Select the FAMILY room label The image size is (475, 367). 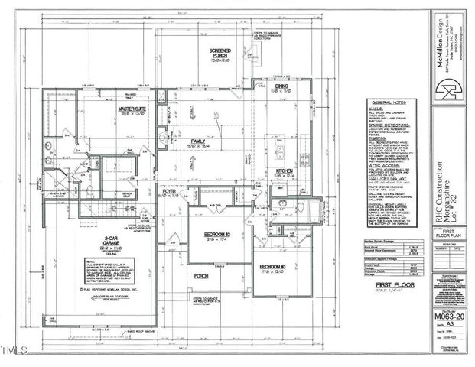197,141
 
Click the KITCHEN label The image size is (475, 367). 285,171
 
